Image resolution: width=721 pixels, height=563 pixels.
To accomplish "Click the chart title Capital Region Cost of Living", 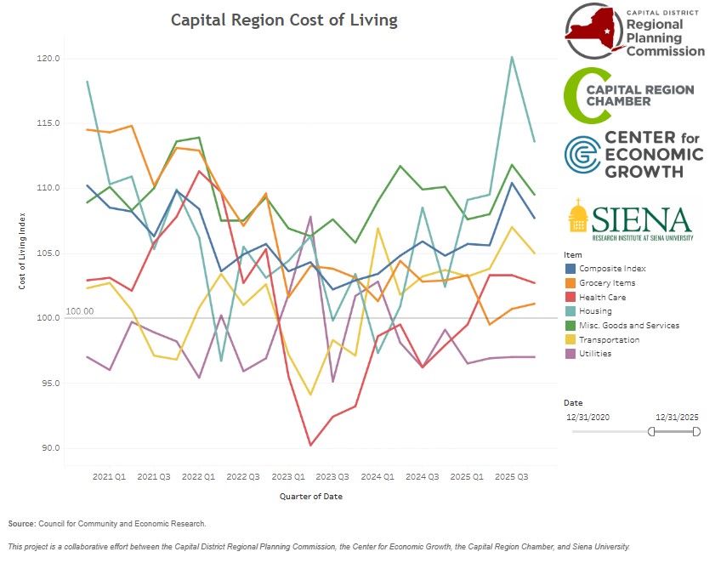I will click(x=284, y=19).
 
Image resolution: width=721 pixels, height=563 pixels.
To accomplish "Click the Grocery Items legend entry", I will click(x=607, y=282).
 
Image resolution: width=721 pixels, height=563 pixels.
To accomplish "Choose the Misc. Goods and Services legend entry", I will click(x=628, y=325).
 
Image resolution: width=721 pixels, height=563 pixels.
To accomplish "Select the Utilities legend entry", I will click(x=595, y=354).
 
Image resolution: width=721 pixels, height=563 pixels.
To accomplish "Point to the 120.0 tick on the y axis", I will click(x=48, y=59).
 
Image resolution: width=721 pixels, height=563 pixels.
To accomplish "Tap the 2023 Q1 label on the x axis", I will click(x=288, y=477).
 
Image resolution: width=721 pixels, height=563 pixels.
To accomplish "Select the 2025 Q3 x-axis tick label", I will click(x=512, y=477).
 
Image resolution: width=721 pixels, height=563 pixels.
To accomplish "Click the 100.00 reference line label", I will click(x=79, y=311).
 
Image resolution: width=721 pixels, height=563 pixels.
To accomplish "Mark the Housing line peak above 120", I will click(x=511, y=57).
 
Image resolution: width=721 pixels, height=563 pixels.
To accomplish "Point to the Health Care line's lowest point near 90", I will click(x=310, y=445).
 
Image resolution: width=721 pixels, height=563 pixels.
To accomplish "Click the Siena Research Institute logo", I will click(x=629, y=220).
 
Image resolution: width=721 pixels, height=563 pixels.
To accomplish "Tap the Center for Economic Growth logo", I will click(x=634, y=154).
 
